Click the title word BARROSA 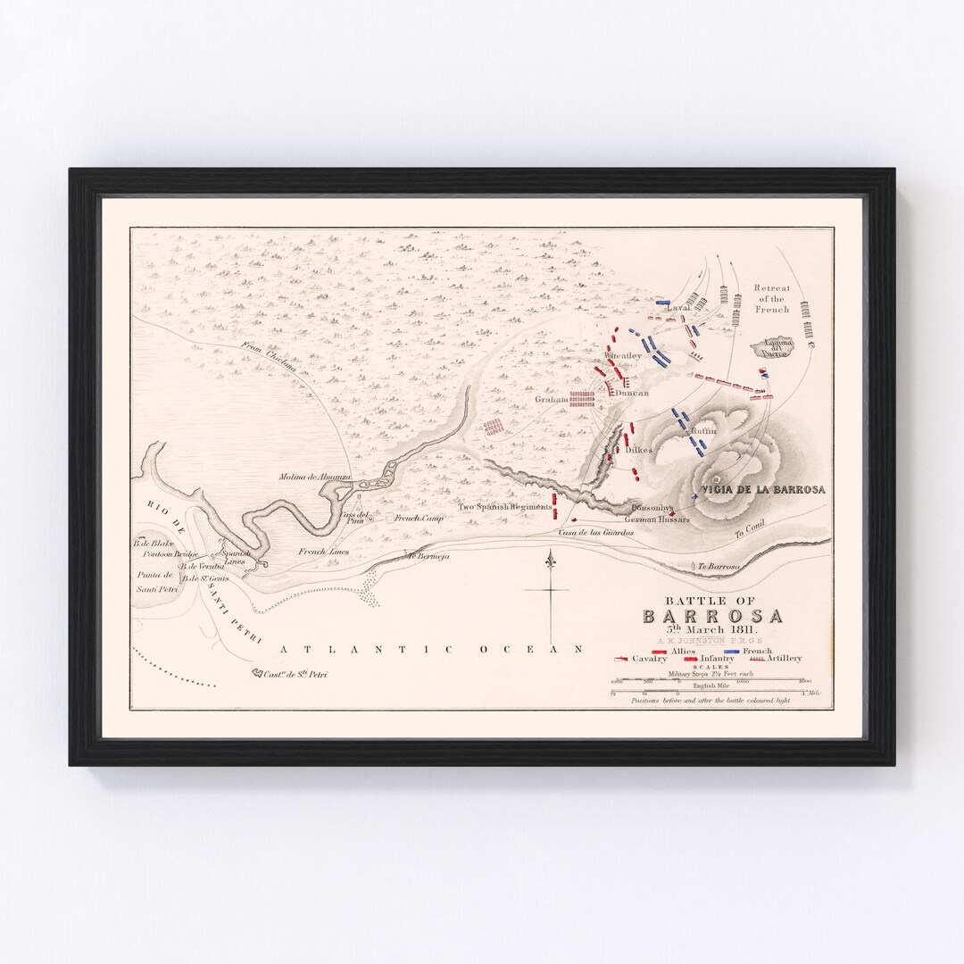(x=713, y=617)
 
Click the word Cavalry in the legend (x=649, y=659)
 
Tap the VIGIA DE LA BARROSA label (x=763, y=490)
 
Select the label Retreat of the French (x=771, y=298)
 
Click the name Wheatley (x=623, y=355)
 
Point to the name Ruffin (x=704, y=430)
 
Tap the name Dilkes (x=639, y=451)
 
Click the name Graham (x=552, y=400)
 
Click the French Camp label (x=420, y=518)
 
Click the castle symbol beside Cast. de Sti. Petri (x=256, y=674)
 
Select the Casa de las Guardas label (x=595, y=532)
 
